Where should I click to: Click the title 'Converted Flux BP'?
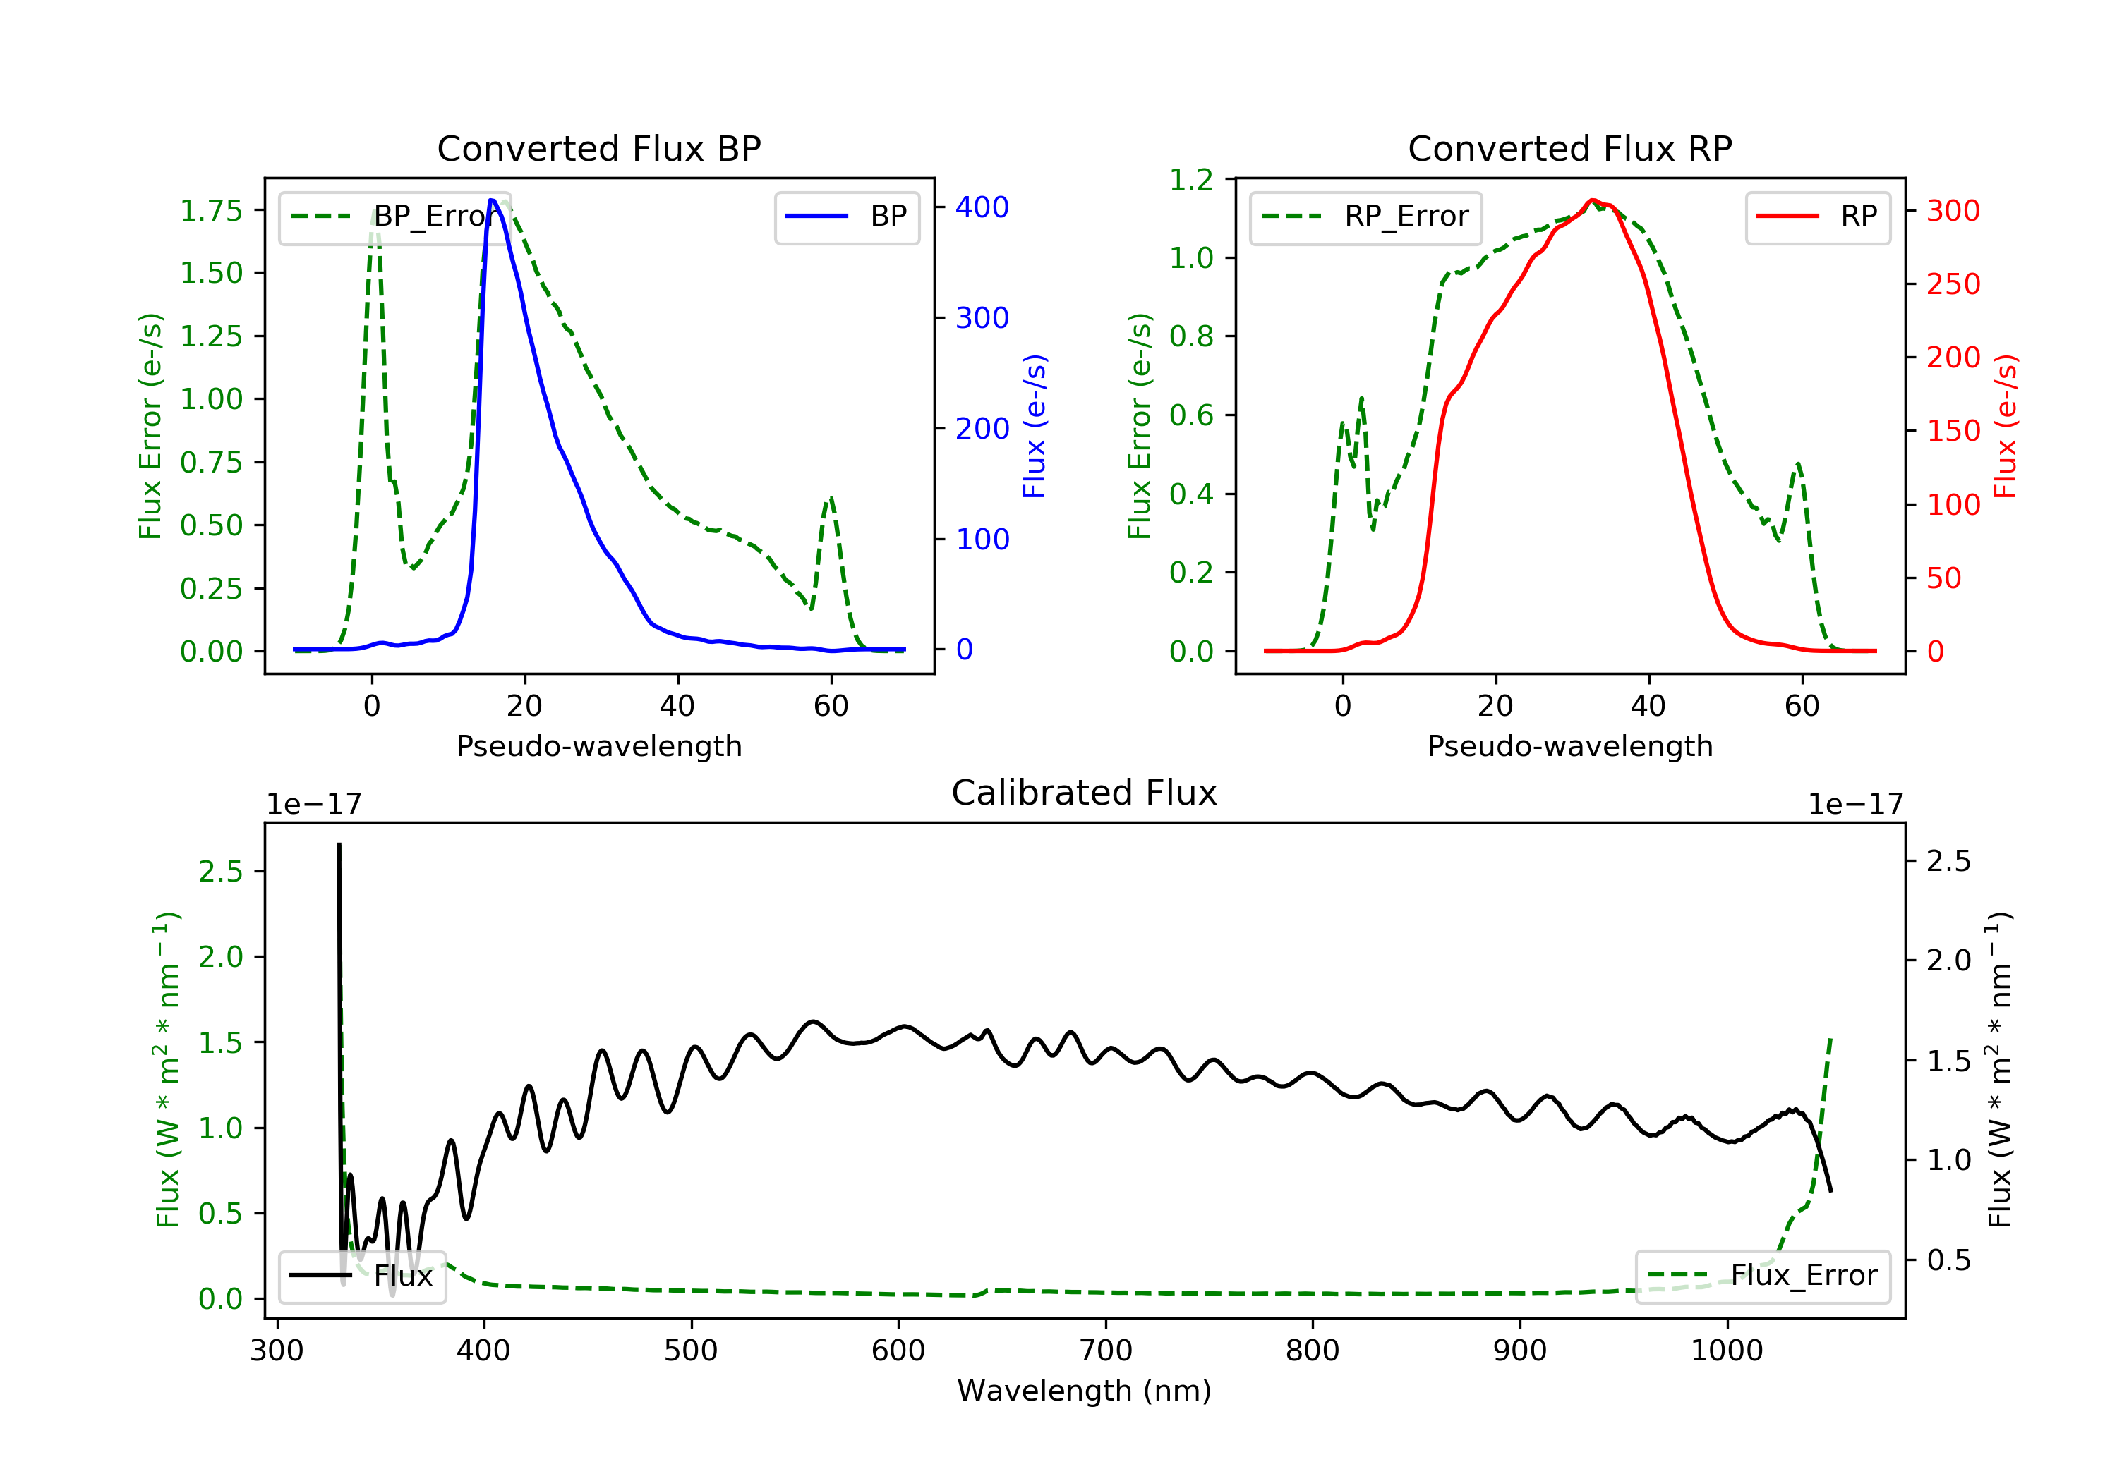tap(598, 148)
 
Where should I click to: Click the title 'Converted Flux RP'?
tap(1569, 148)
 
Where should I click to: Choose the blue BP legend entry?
tap(846, 217)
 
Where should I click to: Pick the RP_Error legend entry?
tap(1365, 217)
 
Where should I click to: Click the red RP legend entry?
tap(1816, 217)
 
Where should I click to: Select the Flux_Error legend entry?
tap(1762, 1276)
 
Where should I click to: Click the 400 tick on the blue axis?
tap(982, 207)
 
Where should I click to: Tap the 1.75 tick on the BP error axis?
tap(211, 210)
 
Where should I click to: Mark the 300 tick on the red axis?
tap(1953, 210)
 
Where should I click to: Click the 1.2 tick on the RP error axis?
tap(1191, 179)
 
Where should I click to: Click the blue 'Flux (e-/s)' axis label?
tap(1035, 426)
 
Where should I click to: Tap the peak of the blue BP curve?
tap(493, 200)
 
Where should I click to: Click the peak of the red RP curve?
tap(1593, 200)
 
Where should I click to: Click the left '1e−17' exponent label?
tap(313, 805)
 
